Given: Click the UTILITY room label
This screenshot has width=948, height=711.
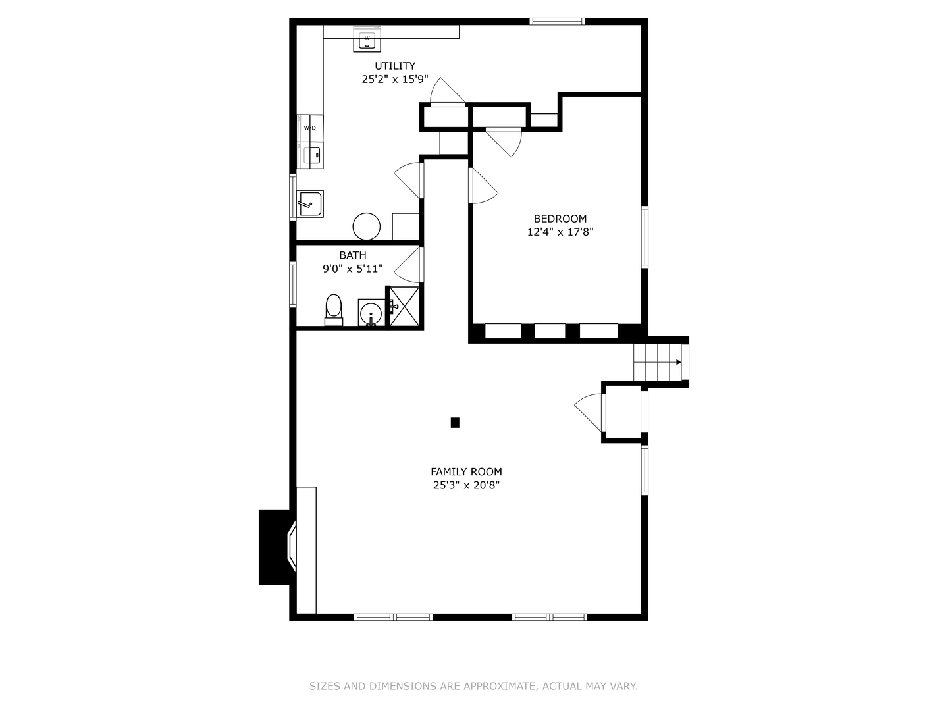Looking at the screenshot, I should pyautogui.click(x=395, y=66).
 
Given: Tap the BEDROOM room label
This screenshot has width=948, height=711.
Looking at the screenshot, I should pyautogui.click(x=560, y=219).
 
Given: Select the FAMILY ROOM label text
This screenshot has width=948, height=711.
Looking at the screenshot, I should pyautogui.click(x=466, y=471).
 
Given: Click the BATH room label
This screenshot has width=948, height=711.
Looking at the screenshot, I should pyautogui.click(x=353, y=255).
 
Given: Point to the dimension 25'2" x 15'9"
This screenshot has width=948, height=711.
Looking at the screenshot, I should pyautogui.click(x=395, y=79).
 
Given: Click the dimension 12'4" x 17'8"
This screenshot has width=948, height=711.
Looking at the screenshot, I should pyautogui.click(x=560, y=232).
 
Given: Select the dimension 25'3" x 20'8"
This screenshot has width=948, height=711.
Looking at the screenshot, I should pyautogui.click(x=466, y=485).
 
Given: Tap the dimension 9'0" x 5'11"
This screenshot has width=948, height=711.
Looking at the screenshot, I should pyautogui.click(x=352, y=269).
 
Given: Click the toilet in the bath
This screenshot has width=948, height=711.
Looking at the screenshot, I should pyautogui.click(x=334, y=309).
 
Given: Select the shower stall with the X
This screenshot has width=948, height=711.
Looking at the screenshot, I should pyautogui.click(x=404, y=306).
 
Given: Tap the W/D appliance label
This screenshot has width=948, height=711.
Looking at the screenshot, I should pyautogui.click(x=309, y=128).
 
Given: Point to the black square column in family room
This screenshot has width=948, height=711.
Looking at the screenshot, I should pyautogui.click(x=455, y=423).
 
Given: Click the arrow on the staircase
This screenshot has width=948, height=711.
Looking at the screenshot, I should pyautogui.click(x=678, y=362).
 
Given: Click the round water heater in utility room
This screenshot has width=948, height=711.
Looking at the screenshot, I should pyautogui.click(x=367, y=226).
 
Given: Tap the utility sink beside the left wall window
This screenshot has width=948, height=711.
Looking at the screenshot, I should pyautogui.click(x=309, y=204).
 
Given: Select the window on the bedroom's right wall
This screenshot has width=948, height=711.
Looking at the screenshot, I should pyautogui.click(x=645, y=237).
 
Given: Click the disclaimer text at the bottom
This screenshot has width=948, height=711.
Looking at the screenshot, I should pyautogui.click(x=473, y=686).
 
